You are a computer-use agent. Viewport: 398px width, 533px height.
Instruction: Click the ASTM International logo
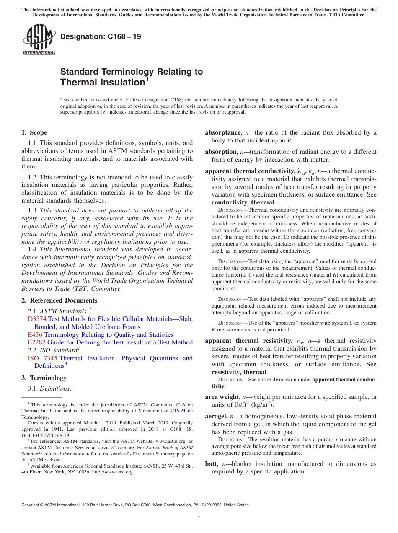tap(39, 40)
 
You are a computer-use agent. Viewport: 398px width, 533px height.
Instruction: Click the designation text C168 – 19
tap(101, 36)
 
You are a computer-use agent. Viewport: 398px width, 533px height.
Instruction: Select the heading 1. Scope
tap(34, 132)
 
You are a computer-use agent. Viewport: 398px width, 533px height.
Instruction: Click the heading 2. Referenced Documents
tap(59, 300)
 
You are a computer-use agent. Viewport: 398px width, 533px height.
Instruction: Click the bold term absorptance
tap(223, 132)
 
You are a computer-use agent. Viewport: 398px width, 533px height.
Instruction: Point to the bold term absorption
tap(221, 152)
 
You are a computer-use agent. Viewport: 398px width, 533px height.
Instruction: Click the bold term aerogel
tap(216, 416)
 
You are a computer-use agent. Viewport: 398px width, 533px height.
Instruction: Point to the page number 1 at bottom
tap(199, 515)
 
